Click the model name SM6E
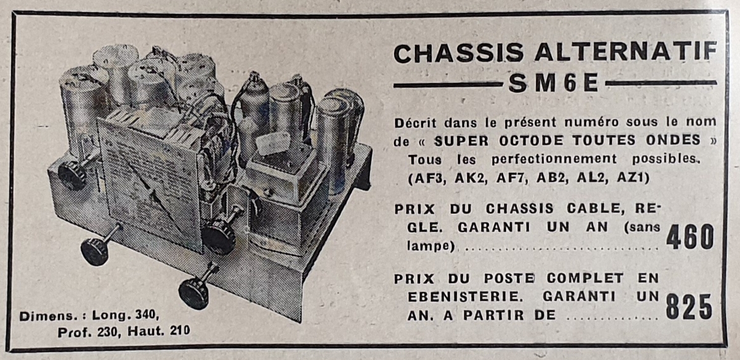(x=553, y=82)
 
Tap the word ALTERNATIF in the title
(x=625, y=52)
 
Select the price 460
(x=690, y=237)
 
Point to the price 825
(x=689, y=307)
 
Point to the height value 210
(x=180, y=330)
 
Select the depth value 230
(x=107, y=332)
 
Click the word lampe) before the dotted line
(x=431, y=246)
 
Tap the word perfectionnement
(x=553, y=159)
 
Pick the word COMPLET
(x=585, y=278)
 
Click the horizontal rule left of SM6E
(x=448, y=85)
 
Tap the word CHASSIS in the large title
(x=459, y=53)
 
